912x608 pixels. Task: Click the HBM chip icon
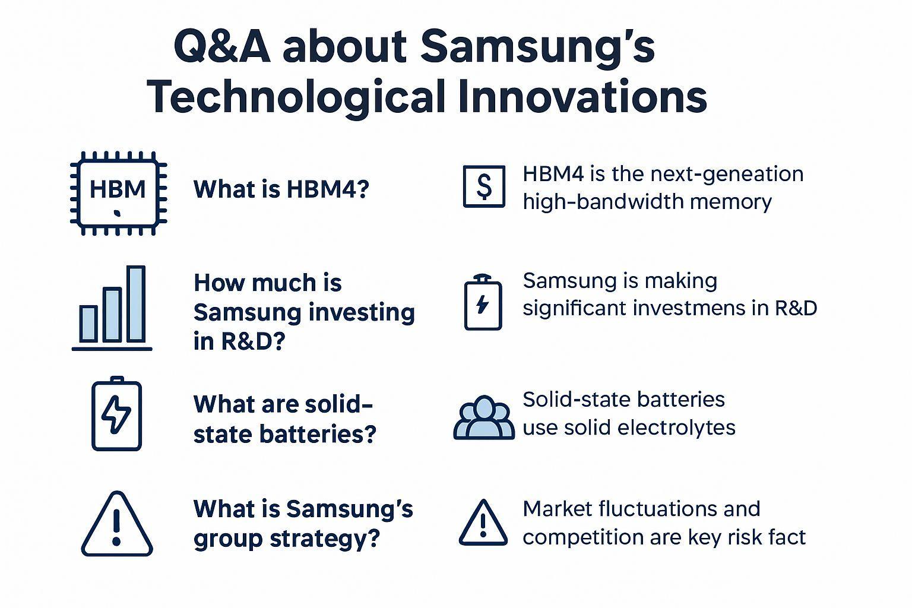(119, 194)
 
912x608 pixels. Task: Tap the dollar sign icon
(484, 186)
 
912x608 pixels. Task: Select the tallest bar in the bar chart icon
(135, 304)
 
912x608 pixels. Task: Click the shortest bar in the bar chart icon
(88, 324)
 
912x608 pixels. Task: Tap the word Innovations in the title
(582, 97)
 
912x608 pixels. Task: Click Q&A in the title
(222, 46)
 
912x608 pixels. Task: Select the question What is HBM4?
(281, 189)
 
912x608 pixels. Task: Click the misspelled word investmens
(690, 308)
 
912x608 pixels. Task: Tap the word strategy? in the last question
(325, 539)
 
